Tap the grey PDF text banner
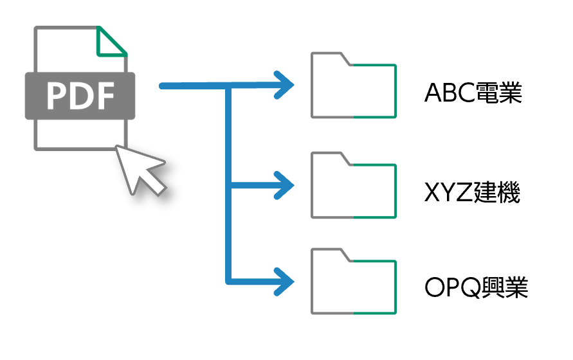pyautogui.click(x=80, y=96)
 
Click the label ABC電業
pyautogui.click(x=473, y=94)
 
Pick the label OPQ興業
pyautogui.click(x=477, y=288)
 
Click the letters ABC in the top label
pyautogui.click(x=444, y=94)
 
